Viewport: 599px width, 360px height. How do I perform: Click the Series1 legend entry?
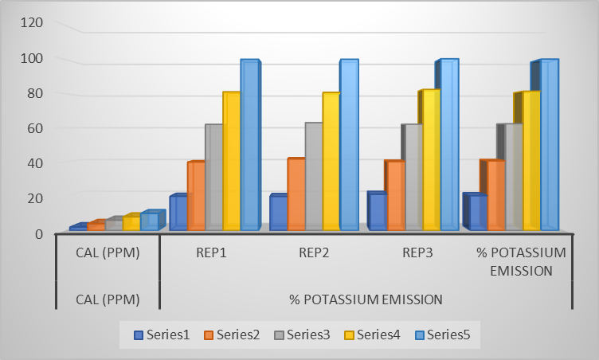[162, 335]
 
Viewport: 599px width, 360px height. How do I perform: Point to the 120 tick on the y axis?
[32, 22]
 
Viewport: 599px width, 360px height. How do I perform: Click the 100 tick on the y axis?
[32, 58]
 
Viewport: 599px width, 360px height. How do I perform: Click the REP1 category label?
[210, 253]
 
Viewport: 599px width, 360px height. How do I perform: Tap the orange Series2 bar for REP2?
[296, 194]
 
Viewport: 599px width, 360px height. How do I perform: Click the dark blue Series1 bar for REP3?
[377, 212]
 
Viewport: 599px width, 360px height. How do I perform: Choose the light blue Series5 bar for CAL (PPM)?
[149, 222]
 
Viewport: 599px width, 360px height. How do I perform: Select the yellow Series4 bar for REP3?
[431, 160]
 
